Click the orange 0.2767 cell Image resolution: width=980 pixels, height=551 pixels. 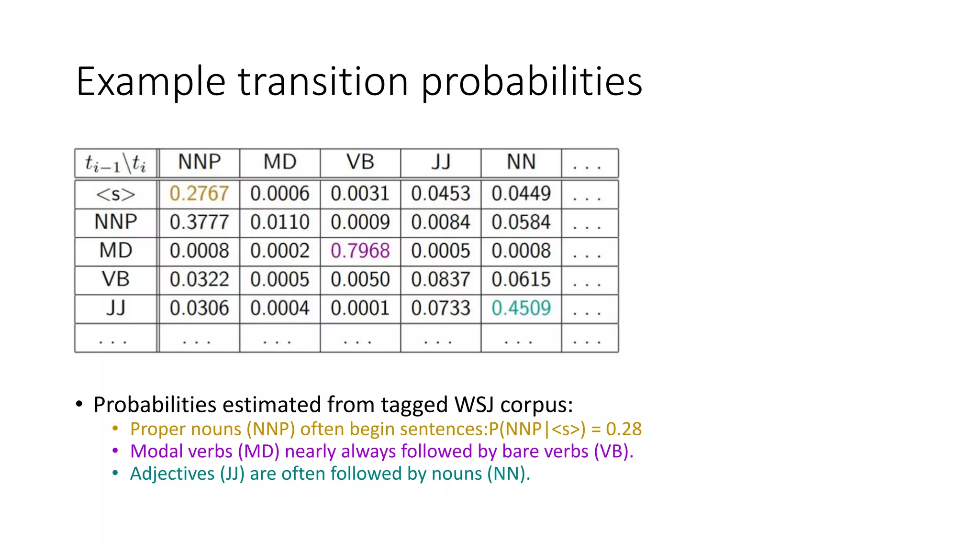[199, 194]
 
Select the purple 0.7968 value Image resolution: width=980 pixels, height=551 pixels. [360, 251]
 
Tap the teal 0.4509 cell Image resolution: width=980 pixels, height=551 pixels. [521, 309]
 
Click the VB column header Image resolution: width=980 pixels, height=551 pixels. [360, 162]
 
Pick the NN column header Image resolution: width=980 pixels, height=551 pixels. [521, 162]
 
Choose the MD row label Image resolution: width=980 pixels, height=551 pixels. [115, 251]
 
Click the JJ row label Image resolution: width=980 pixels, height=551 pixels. [115, 308]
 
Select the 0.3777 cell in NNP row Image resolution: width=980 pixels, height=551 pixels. [199, 222]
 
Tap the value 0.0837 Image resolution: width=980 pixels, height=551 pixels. [440, 280]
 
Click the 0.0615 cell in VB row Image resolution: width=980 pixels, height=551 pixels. [521, 280]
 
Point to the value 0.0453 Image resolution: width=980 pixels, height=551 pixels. [440, 194]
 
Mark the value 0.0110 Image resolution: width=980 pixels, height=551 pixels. [279, 222]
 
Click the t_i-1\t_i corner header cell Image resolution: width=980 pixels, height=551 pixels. [115, 164]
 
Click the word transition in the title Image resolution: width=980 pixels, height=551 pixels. [323, 81]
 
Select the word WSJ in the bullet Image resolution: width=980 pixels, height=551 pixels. [474, 405]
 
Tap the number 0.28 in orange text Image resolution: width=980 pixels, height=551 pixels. [624, 429]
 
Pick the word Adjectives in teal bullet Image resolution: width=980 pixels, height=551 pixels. [172, 474]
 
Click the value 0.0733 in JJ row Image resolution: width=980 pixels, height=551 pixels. [440, 309]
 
